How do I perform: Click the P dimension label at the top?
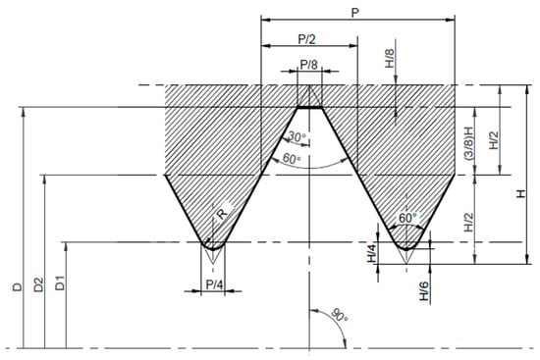354,13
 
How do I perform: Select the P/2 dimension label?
306,39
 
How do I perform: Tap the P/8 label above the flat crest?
309,65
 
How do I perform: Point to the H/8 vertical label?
389,58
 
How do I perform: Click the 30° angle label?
297,137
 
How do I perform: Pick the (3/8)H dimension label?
468,143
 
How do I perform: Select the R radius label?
222,214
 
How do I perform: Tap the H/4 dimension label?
372,252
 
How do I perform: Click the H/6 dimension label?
424,290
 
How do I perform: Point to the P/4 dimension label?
214,284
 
